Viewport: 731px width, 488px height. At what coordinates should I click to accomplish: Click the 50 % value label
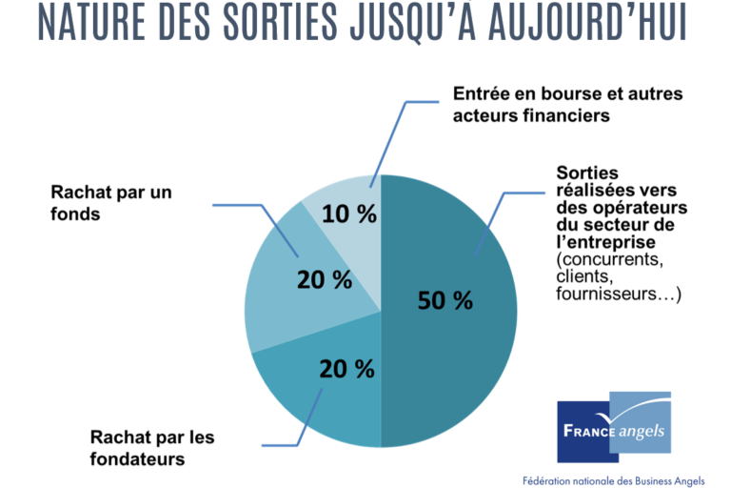pos(445,300)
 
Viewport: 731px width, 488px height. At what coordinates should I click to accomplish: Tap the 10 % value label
pos(349,214)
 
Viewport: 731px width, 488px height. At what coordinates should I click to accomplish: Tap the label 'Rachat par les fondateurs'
pos(152,448)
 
